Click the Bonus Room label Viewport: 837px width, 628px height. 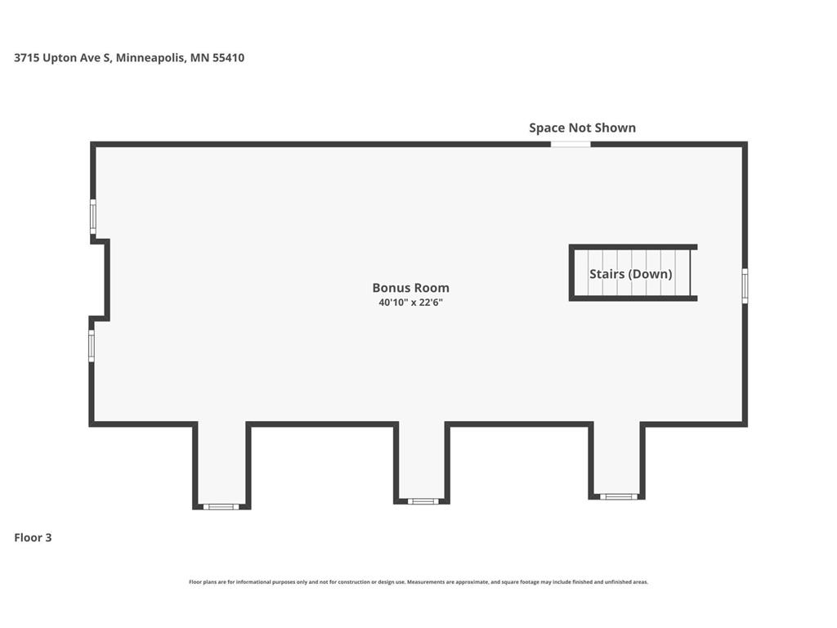pyautogui.click(x=410, y=288)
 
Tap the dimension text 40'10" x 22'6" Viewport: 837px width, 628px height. pyautogui.click(x=410, y=303)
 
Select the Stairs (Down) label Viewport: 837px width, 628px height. pyautogui.click(x=630, y=274)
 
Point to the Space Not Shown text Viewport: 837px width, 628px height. pyautogui.click(x=582, y=128)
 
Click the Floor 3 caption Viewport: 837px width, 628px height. pyautogui.click(x=33, y=538)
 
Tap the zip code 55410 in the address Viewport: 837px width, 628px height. pyautogui.click(x=229, y=58)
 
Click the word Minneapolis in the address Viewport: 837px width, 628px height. pyautogui.click(x=150, y=58)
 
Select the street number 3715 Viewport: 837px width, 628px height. pyautogui.click(x=27, y=58)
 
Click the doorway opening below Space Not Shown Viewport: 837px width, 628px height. pyautogui.click(x=571, y=144)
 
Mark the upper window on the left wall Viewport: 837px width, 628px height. pyautogui.click(x=93, y=216)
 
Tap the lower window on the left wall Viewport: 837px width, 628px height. pyautogui.click(x=92, y=346)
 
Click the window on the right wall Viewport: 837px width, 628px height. pyautogui.click(x=745, y=285)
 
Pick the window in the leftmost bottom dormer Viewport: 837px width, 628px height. pyautogui.click(x=221, y=506)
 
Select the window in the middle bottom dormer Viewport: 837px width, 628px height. pyautogui.click(x=423, y=501)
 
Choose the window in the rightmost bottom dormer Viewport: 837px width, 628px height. pyautogui.click(x=618, y=496)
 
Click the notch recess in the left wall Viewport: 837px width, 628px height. pyautogui.click(x=100, y=280)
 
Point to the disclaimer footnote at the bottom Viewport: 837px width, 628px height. pyautogui.click(x=418, y=582)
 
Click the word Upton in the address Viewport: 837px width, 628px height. pyautogui.click(x=59, y=58)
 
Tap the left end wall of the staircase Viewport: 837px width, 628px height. pyautogui.click(x=571, y=273)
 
